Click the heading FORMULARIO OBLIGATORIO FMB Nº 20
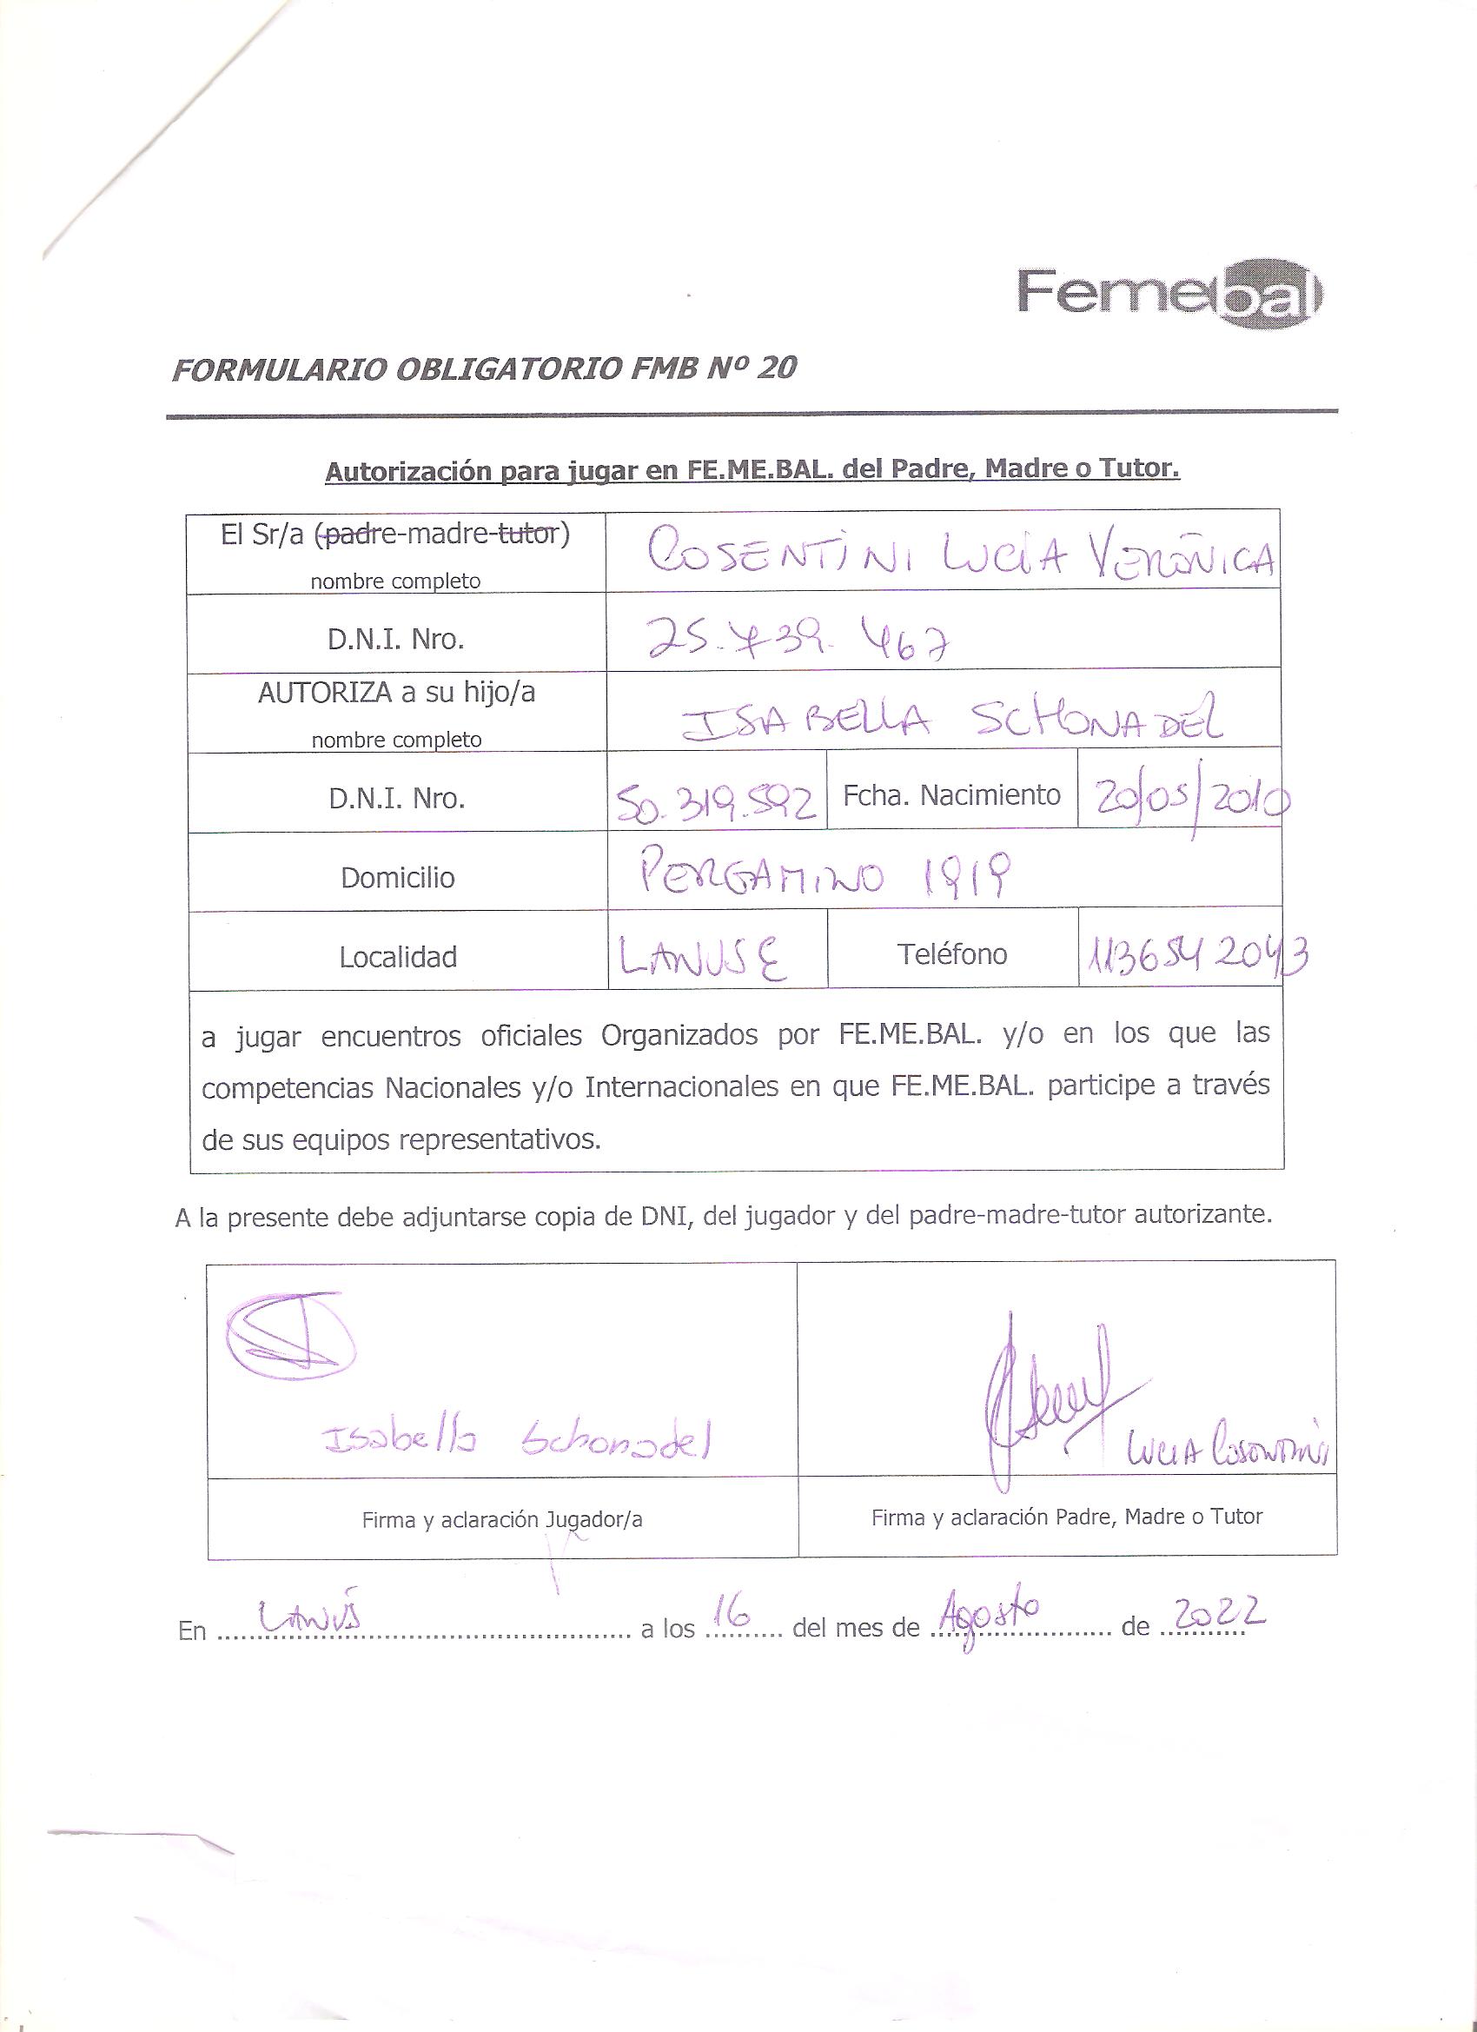[x=484, y=369]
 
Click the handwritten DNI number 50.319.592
[x=716, y=806]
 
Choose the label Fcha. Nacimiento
[x=951, y=794]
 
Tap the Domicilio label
[x=397, y=877]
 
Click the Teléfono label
[x=951, y=955]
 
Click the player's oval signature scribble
[x=289, y=1340]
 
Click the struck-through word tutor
[x=528, y=535]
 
